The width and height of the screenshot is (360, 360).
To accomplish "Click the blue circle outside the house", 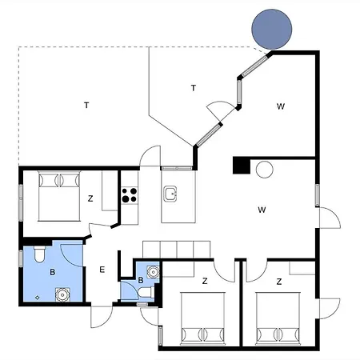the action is [x=272, y=29].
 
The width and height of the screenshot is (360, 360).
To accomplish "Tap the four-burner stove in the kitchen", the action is [x=130, y=195].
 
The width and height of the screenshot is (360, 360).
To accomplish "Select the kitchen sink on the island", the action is [x=170, y=194].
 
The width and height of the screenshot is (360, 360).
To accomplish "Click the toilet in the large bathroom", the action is [x=39, y=254].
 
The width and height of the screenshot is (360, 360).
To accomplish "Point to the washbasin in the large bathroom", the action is [x=62, y=295].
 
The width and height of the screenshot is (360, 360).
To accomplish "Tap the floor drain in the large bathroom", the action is [x=38, y=298].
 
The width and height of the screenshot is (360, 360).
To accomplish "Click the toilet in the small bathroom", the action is [x=146, y=292].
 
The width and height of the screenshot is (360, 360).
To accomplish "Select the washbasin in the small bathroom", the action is [x=153, y=272].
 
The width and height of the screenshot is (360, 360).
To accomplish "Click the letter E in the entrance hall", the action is [x=102, y=270].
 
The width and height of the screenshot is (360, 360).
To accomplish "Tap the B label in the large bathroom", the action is [x=53, y=272].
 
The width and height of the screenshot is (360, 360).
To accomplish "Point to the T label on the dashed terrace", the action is [x=86, y=106].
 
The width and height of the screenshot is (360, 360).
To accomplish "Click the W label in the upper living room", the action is [x=281, y=106].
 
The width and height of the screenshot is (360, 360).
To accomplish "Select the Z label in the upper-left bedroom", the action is [x=90, y=198].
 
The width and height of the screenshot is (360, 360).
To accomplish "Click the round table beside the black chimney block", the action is [x=265, y=170].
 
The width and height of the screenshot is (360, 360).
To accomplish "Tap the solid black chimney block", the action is [x=242, y=166].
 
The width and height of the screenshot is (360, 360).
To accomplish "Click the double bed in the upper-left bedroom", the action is [x=59, y=196].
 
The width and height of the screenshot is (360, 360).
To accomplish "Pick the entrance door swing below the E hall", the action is [x=102, y=317].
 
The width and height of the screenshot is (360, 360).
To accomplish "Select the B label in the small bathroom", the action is [x=141, y=280].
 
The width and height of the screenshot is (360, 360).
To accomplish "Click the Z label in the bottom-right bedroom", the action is [x=279, y=282].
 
